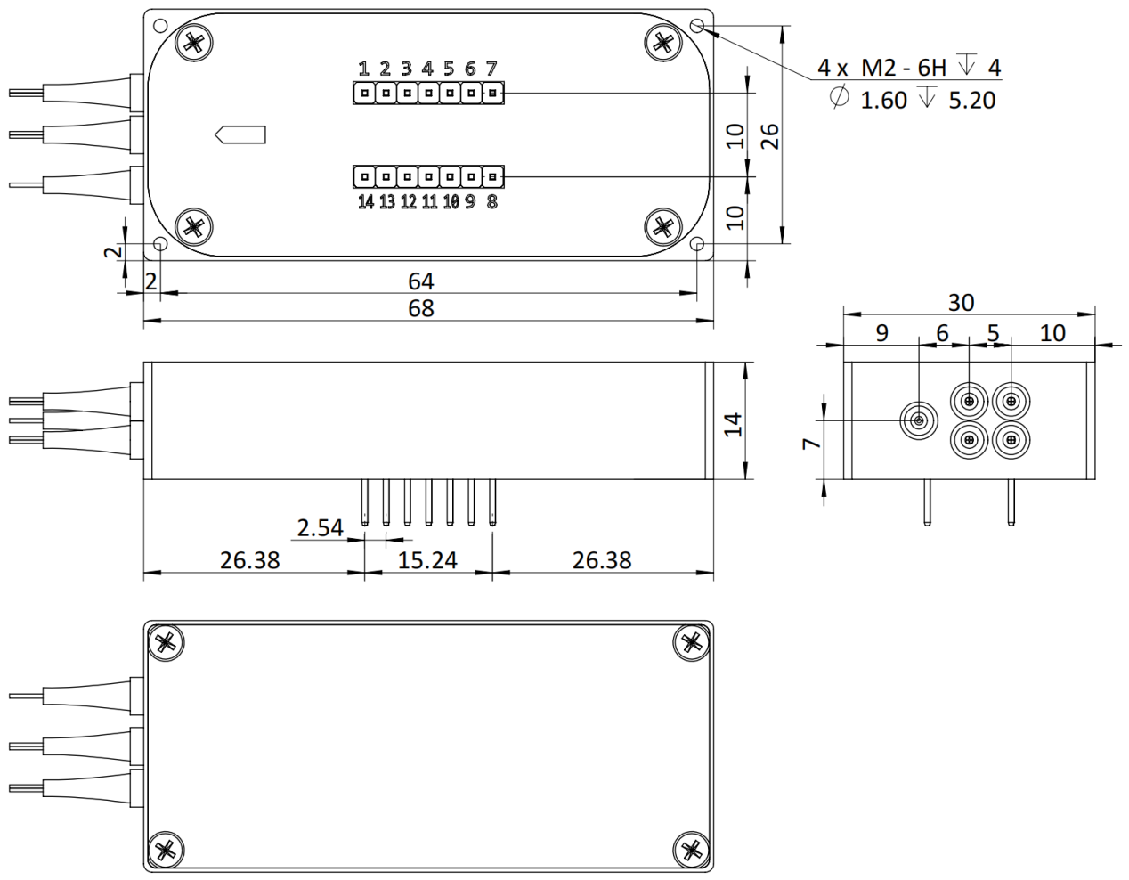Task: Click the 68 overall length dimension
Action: (x=421, y=309)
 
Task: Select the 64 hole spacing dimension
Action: (x=421, y=281)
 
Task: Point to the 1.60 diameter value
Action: (x=883, y=100)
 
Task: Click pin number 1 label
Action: (x=363, y=69)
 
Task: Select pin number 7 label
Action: (x=491, y=69)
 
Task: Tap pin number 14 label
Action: (x=365, y=202)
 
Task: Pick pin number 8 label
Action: (x=491, y=202)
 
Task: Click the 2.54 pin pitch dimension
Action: (x=320, y=528)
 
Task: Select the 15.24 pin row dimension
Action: (x=427, y=560)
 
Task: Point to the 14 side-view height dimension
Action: (x=733, y=423)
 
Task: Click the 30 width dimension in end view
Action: (x=961, y=303)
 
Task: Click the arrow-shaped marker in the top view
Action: (x=240, y=134)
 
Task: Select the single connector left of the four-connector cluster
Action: (x=919, y=420)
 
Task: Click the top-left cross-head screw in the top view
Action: (x=193, y=43)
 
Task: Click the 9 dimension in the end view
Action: (x=881, y=333)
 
